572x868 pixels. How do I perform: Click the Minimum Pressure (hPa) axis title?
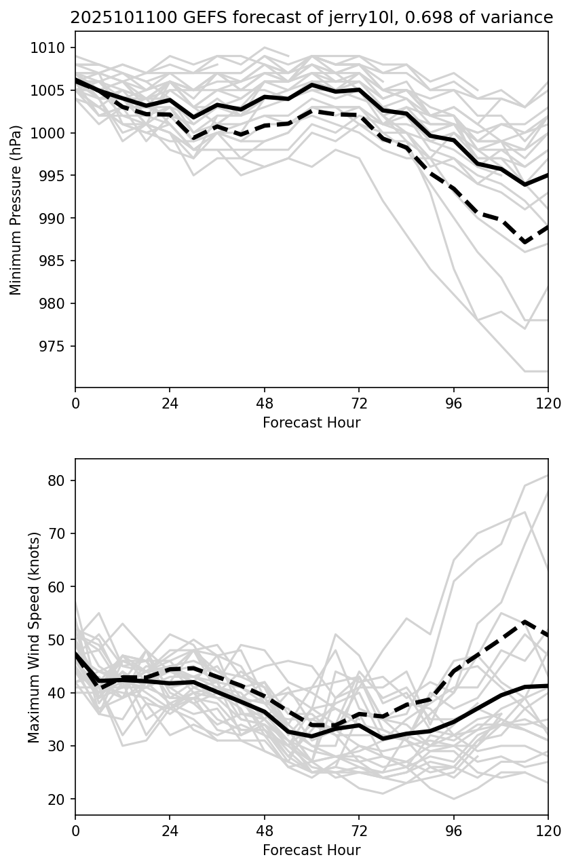tap(16, 210)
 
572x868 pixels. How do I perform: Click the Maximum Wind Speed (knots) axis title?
tap(34, 637)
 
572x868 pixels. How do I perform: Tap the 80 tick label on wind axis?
tap(58, 480)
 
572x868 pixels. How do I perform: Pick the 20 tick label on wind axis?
tap(58, 799)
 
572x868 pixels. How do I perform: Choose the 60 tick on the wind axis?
tap(58, 586)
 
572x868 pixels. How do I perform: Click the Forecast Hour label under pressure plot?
tap(311, 423)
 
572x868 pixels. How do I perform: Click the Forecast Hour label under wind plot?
tap(311, 850)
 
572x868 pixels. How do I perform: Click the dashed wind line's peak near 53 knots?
tap(525, 622)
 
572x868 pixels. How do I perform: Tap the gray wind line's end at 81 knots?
tap(548, 476)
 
